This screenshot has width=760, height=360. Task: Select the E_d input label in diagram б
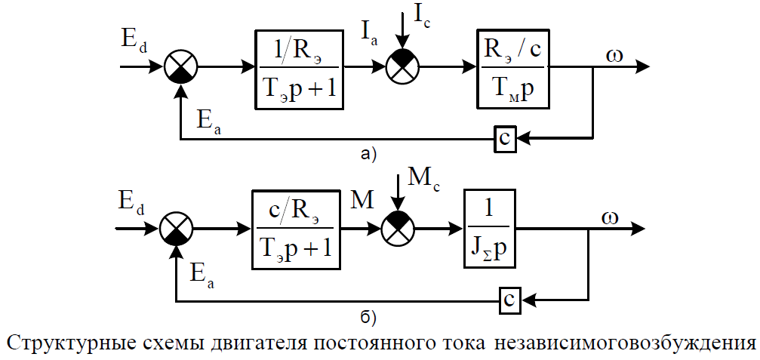tap(132, 202)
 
